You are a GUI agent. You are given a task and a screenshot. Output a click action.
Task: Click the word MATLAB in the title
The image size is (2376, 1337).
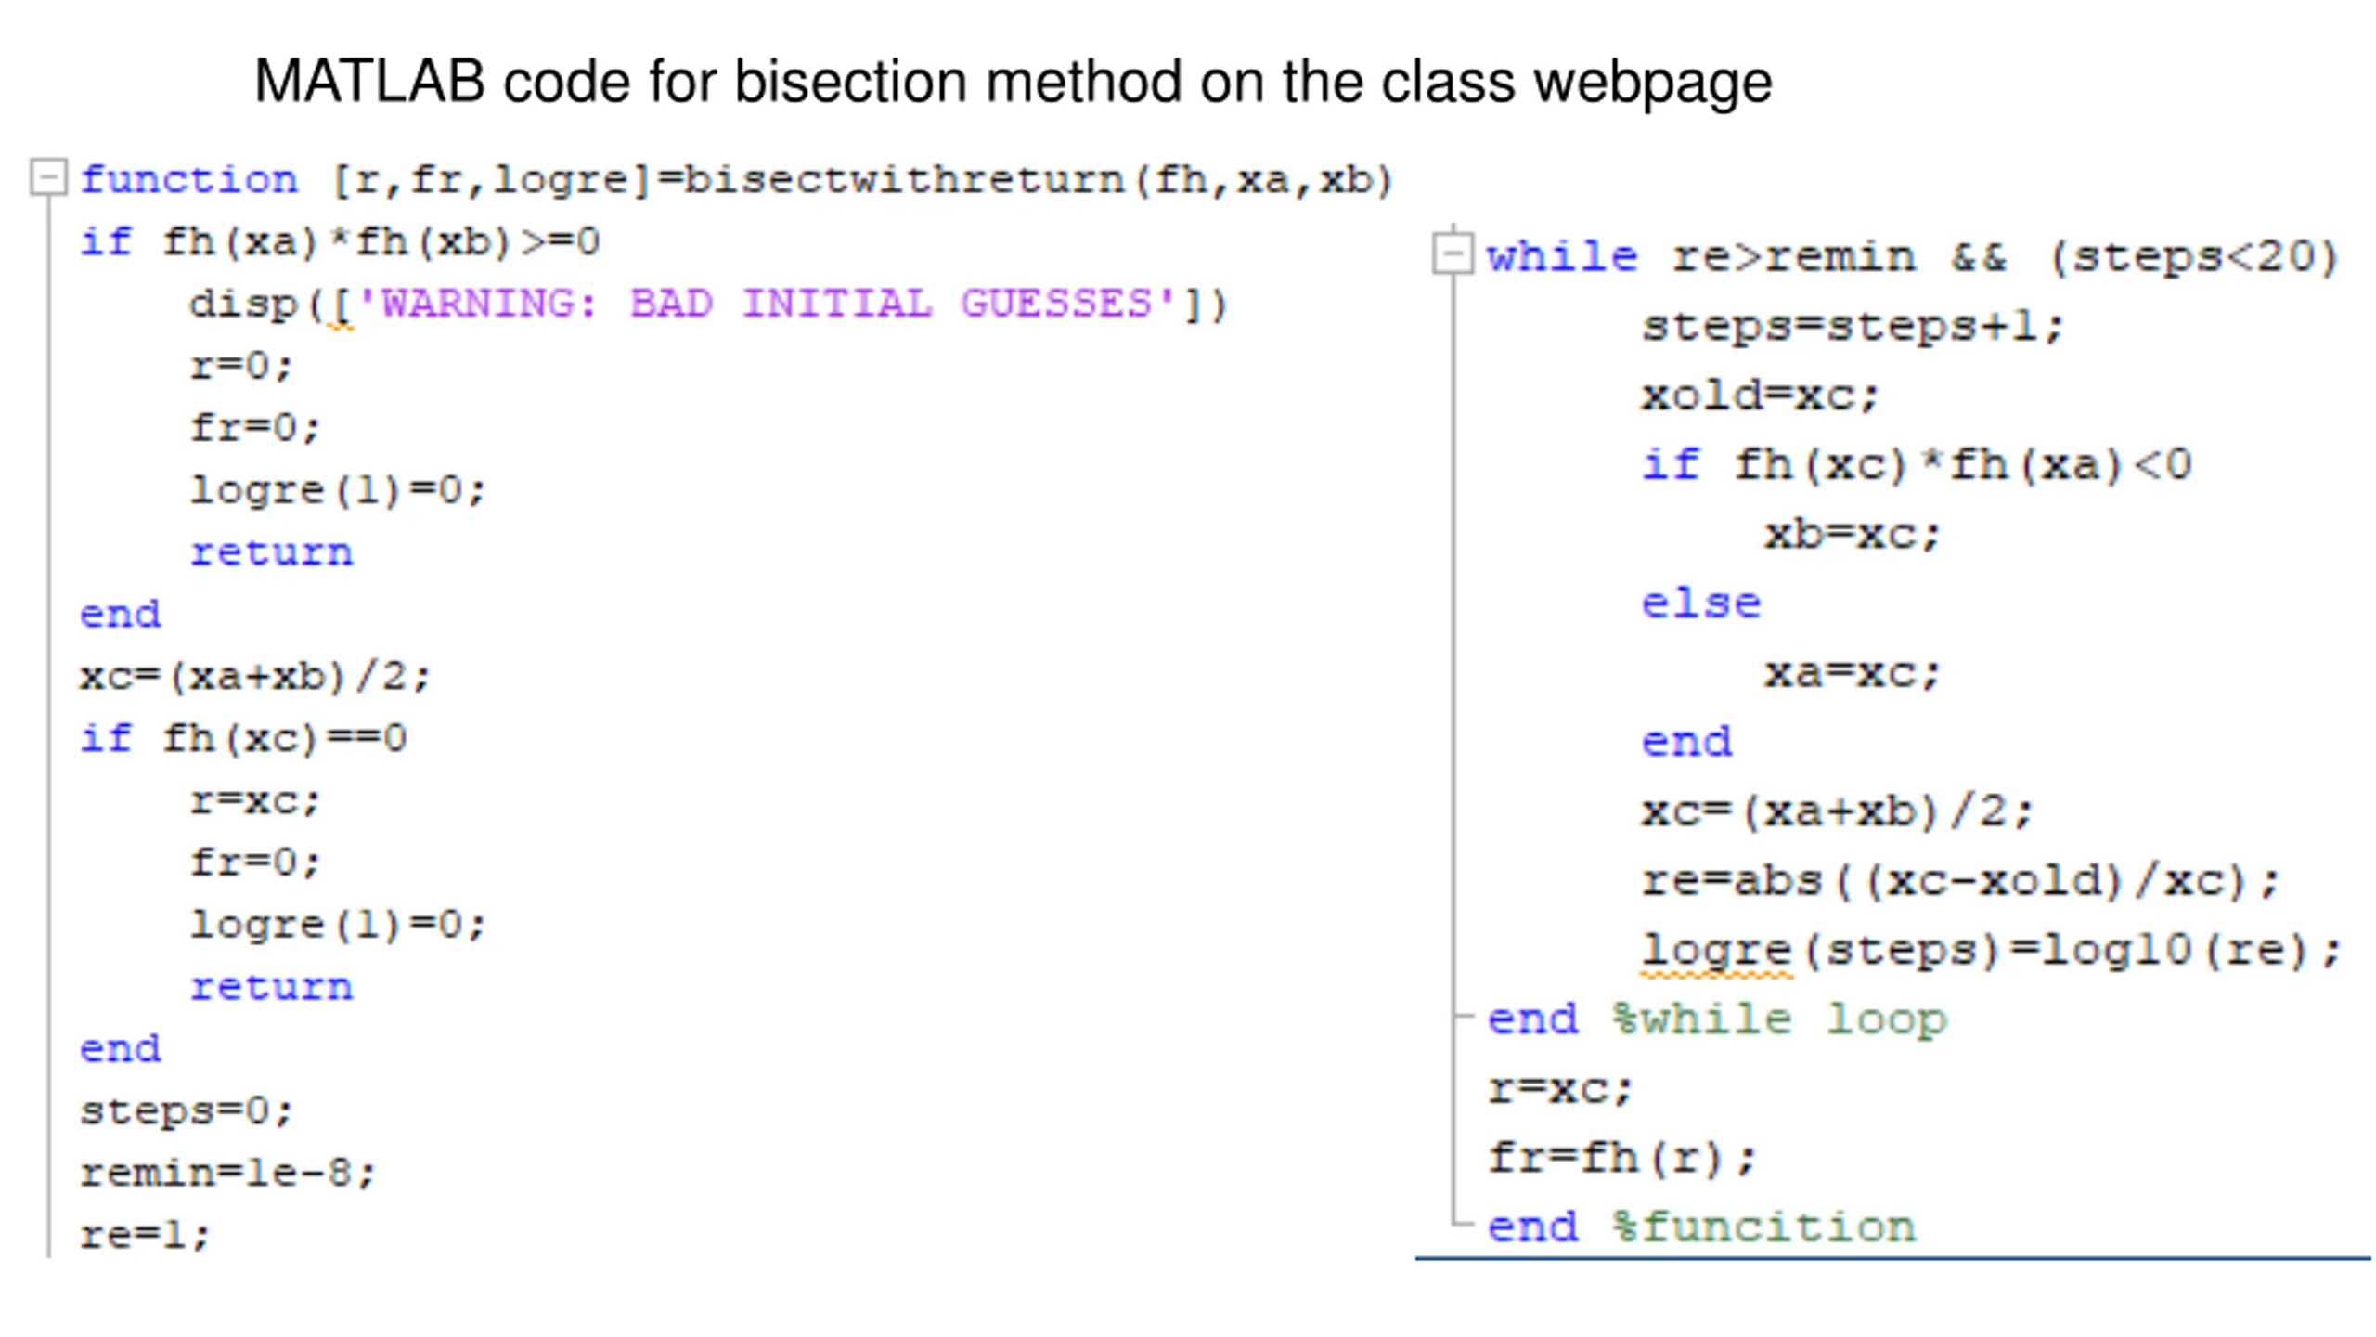tap(368, 82)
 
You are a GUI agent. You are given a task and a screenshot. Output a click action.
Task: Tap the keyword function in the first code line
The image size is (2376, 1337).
tap(188, 179)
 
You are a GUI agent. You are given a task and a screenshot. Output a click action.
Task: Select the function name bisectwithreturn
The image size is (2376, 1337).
tap(904, 179)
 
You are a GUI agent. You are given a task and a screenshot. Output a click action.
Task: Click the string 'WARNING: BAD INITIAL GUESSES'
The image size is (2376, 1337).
tap(767, 304)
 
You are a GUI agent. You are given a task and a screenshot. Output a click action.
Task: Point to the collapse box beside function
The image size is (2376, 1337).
tap(48, 176)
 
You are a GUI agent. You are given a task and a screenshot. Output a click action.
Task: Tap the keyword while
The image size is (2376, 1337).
tap(1562, 256)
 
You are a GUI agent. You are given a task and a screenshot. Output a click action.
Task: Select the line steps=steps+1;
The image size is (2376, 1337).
tap(1852, 326)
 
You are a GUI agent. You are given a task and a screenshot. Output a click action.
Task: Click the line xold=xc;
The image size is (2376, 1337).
tap(1760, 396)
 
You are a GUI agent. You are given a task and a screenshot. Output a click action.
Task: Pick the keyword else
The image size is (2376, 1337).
tap(1700, 604)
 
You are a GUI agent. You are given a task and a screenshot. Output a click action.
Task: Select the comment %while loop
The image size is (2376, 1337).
tap(1779, 1019)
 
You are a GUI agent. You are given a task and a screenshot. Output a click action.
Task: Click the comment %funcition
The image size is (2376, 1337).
tap(1764, 1227)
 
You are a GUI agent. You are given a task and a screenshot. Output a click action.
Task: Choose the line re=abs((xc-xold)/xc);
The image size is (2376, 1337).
tap(1959, 880)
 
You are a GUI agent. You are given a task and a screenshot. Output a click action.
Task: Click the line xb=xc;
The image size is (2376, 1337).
tap(1853, 535)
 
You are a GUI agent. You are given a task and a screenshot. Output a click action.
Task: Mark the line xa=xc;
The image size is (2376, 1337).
tap(1853, 673)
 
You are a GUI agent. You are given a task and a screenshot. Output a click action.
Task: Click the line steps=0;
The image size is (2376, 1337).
tap(186, 1110)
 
